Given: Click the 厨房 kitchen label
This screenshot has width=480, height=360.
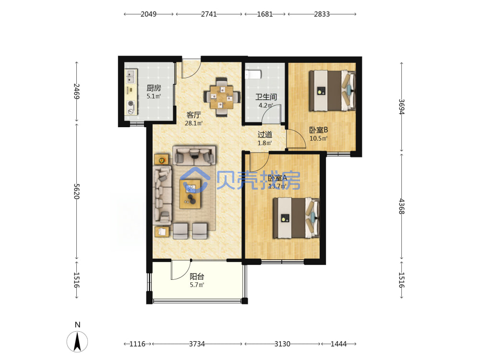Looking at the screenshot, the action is coord(154,88).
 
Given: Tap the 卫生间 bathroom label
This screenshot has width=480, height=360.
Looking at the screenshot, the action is coord(266,97).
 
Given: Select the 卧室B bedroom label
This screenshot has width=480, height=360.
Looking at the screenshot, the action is coord(318,130).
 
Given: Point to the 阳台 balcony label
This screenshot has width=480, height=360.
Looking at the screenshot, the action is coord(197,277).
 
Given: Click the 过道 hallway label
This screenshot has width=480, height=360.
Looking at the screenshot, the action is coord(265,135).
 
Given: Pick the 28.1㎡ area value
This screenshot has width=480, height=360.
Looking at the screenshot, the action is coord(193,123).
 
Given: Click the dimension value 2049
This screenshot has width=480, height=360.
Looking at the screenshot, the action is coord(148,14).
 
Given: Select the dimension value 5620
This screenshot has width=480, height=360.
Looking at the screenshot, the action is coord(76,192).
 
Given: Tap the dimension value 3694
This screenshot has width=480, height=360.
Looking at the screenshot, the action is coord(401,107).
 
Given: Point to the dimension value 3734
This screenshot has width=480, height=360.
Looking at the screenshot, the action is coord(197,344).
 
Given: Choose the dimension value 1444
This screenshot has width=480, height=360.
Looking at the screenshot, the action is coord(338,344).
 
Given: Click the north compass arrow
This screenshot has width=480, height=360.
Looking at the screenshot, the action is coord(77,341).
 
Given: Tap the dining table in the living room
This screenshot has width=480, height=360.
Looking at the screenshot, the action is coord(221,97).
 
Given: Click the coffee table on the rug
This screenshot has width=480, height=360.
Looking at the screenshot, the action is coord(190,194).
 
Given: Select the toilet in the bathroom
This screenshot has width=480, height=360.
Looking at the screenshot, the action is coord(253,74).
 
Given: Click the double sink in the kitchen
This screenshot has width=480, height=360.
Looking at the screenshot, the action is coord(131,76).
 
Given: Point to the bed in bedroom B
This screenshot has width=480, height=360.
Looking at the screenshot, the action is coord(332,91).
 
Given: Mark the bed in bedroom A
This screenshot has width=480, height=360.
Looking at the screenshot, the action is coord(296,218).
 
